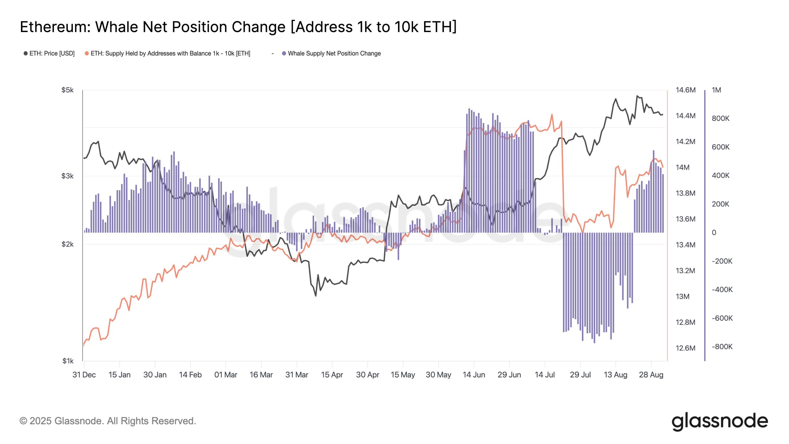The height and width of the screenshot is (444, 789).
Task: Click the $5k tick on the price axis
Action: pos(67,90)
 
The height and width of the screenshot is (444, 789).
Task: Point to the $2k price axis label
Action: pos(67,244)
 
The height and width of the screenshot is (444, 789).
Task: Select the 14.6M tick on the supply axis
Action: pos(685,90)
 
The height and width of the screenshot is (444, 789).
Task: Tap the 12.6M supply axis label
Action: pos(685,348)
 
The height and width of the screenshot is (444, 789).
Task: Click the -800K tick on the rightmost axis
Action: pos(722,347)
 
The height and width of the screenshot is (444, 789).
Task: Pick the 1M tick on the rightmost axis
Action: pos(716,90)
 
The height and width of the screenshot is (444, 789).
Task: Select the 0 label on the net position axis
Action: pos(714,232)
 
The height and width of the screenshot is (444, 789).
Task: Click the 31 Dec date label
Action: pos(84,375)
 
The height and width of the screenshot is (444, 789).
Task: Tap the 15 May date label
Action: pos(403,375)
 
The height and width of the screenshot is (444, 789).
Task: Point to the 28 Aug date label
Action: pos(651,375)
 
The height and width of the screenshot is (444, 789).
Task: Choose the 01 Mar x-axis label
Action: pos(226,375)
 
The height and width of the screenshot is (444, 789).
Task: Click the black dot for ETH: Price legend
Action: pos(26,53)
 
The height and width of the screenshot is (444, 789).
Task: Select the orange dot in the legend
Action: pos(87,53)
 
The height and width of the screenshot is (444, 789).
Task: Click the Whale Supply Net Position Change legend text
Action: pos(334,53)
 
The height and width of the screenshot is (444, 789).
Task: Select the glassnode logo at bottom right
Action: pos(719,421)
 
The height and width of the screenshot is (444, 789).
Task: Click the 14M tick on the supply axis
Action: pos(682,167)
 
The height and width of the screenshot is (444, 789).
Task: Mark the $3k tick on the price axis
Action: pos(67,176)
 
